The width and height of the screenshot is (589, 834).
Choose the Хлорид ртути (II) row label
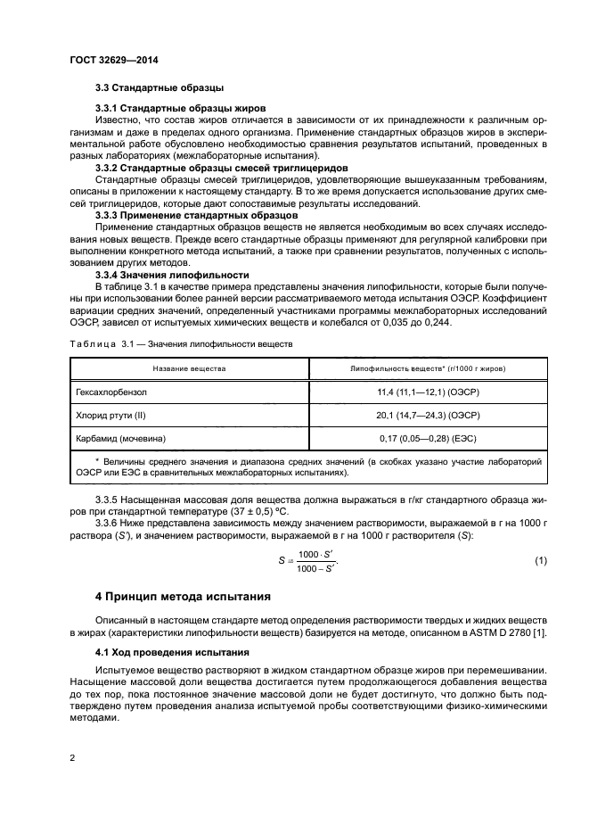[x=113, y=414]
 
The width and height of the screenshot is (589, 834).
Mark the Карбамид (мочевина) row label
[x=122, y=437]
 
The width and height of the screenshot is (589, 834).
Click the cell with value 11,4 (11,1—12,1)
[x=428, y=391]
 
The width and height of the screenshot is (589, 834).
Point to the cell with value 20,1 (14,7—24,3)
[x=428, y=414]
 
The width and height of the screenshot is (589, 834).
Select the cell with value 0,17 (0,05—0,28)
[x=428, y=437]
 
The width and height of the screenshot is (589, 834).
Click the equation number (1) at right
[x=540, y=560]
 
